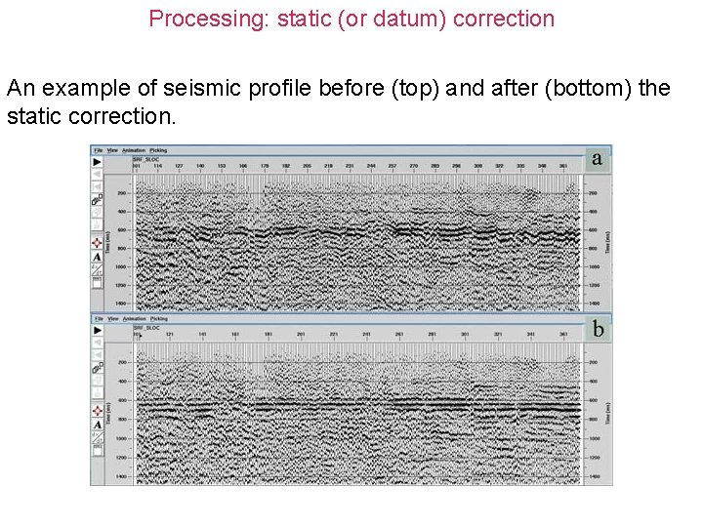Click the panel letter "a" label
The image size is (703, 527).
click(x=597, y=158)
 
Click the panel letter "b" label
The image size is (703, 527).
click(x=597, y=329)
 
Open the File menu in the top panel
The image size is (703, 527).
click(x=98, y=150)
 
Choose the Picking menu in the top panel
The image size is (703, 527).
click(x=159, y=150)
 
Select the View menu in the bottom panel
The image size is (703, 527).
click(x=113, y=318)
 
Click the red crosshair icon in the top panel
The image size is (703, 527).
click(x=98, y=242)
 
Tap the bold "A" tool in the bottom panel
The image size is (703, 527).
click(x=98, y=425)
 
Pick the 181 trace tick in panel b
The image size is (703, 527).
click(x=268, y=335)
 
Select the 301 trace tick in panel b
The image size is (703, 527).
click(x=466, y=335)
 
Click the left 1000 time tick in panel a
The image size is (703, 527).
click(x=122, y=266)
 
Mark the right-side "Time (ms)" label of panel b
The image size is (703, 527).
click(x=608, y=414)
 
